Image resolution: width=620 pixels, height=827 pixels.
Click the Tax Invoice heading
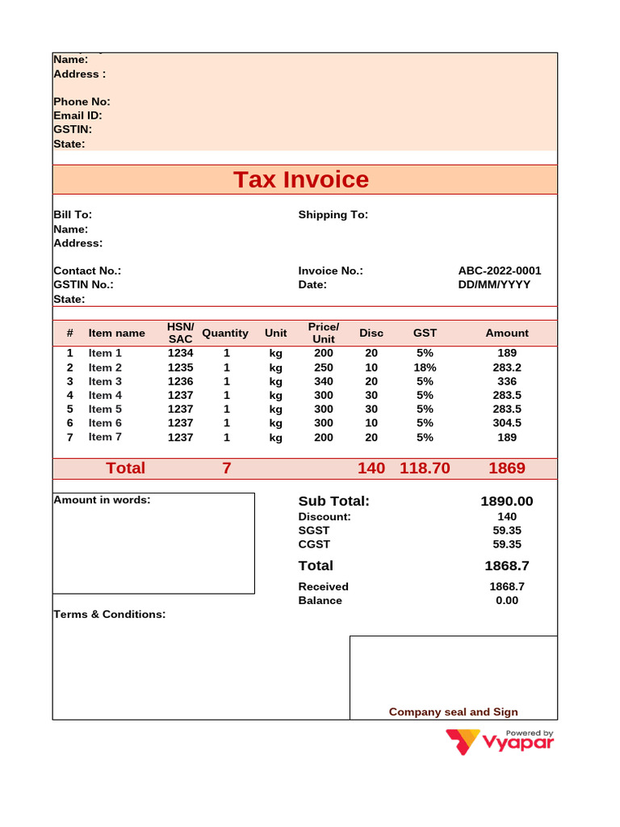(300, 179)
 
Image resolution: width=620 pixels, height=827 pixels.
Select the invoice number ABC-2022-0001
(499, 271)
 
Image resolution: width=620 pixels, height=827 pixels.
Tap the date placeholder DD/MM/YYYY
(494, 284)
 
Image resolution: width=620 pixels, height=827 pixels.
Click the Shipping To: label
(333, 214)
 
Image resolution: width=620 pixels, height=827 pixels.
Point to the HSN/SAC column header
(180, 333)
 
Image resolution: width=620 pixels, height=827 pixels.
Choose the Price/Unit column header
(323, 333)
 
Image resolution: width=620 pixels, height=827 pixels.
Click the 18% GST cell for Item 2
(425, 367)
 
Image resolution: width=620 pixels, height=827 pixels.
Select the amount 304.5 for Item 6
(507, 422)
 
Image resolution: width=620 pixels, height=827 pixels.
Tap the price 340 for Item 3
(323, 381)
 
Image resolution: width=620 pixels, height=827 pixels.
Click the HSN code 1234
(180, 353)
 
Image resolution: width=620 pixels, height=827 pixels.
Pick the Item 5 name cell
(105, 409)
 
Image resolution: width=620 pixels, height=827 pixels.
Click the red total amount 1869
(507, 468)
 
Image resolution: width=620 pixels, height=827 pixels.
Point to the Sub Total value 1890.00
(507, 502)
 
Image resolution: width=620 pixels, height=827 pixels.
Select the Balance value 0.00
(507, 600)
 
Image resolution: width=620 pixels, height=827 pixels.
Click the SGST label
(314, 530)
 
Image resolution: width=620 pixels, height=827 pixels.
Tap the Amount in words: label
(102, 500)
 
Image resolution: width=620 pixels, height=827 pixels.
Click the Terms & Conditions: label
(109, 614)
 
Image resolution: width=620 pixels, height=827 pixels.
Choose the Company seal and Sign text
(453, 712)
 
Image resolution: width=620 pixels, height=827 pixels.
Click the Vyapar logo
(501, 741)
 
